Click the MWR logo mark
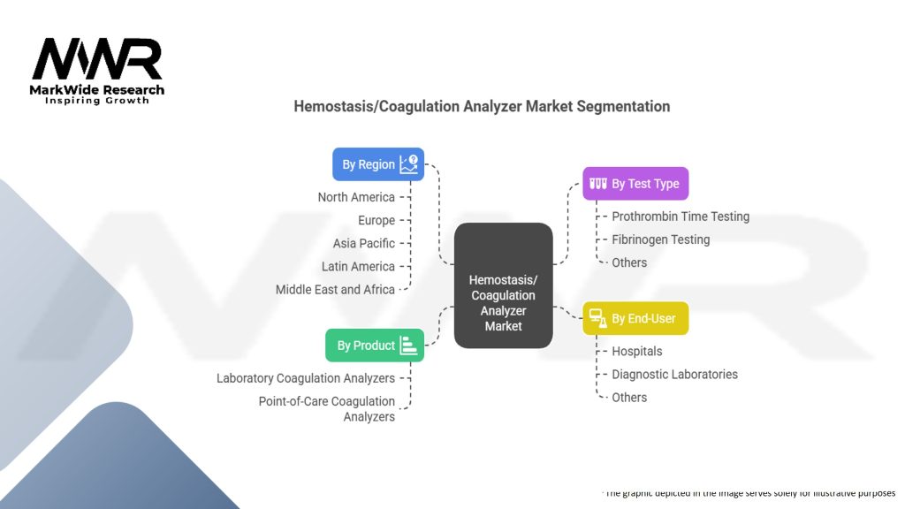click(97, 60)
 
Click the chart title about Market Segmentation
click(482, 106)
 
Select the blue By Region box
click(378, 164)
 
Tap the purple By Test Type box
click(635, 184)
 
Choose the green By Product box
click(375, 346)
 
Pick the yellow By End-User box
click(635, 318)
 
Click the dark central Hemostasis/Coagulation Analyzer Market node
click(503, 285)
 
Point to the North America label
click(356, 197)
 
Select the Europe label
click(376, 220)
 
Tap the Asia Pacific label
click(364, 243)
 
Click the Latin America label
click(358, 266)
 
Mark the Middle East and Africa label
click(335, 289)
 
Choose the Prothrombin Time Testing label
click(681, 217)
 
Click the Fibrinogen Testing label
click(661, 239)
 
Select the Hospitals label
click(637, 351)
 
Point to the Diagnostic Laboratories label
click(675, 374)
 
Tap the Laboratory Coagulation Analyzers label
click(306, 378)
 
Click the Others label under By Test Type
click(629, 262)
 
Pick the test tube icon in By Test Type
click(598, 184)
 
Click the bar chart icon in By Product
click(408, 346)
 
